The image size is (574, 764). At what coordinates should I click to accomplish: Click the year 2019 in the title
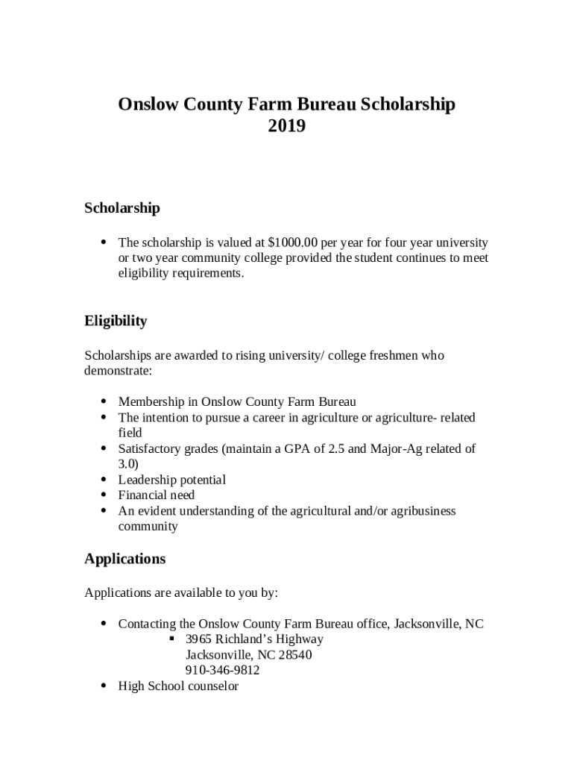286,127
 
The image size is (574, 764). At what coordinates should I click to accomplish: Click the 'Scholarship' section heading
122,208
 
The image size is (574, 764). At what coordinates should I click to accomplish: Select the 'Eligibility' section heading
116,322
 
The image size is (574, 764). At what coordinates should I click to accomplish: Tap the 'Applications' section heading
124,559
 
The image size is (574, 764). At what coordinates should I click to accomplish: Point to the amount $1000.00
293,242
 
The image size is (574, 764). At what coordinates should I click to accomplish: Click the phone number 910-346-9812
222,670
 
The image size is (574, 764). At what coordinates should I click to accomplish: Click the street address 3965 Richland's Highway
254,639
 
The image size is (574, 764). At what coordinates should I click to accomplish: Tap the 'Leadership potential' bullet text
171,480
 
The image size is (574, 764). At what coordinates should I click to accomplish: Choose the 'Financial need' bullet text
156,495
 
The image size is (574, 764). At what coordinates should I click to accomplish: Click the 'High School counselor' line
178,686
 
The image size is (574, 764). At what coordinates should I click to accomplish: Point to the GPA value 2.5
337,448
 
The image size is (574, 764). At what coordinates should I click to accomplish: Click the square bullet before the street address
171,639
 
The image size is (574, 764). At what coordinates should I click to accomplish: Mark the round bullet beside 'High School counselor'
103,686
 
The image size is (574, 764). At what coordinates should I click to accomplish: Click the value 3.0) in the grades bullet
127,464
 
